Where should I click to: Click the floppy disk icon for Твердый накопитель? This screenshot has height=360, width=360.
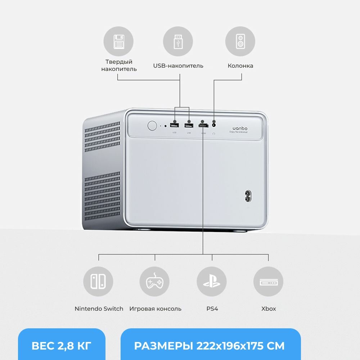(118, 41)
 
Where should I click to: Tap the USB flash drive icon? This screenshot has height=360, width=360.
(178, 41)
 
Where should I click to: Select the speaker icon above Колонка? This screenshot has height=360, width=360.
(240, 41)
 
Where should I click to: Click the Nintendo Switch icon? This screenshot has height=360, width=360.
(98, 282)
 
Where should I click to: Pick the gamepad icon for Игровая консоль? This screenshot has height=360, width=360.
(154, 282)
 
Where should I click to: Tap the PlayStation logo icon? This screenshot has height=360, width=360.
(212, 282)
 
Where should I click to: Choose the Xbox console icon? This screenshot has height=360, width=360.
(268, 282)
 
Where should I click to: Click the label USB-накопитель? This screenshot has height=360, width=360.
(178, 66)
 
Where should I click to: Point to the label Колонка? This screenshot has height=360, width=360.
(240, 66)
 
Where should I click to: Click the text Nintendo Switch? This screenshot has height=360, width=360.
(99, 309)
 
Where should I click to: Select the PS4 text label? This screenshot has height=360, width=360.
(212, 309)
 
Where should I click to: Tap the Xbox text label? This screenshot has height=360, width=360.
(269, 309)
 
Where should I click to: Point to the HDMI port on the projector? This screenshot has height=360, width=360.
(203, 126)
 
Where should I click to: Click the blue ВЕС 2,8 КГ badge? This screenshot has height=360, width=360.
(62, 346)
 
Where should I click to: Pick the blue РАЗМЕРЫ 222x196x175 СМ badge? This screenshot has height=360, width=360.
(210, 346)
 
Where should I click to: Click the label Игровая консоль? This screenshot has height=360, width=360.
(155, 309)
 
